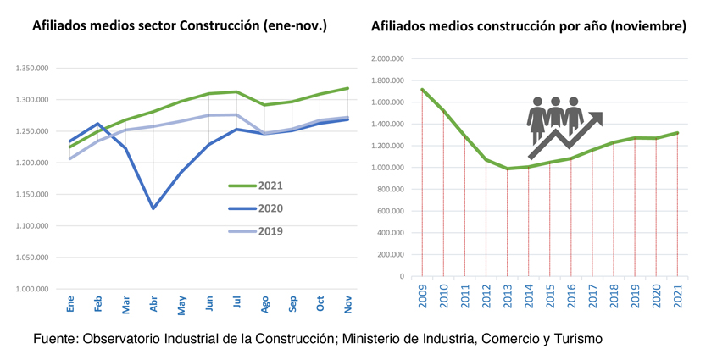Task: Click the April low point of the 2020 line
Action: (153, 208)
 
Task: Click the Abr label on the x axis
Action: (153, 304)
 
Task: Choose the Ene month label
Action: (70, 303)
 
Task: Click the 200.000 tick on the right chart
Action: (391, 255)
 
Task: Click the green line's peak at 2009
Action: (421, 90)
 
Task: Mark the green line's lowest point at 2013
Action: (507, 169)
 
